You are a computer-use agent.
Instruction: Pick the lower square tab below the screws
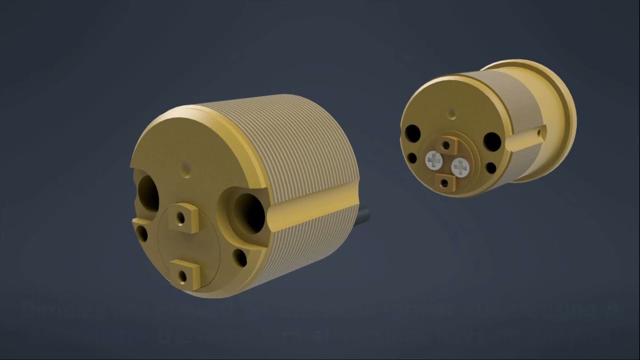coord(444,182)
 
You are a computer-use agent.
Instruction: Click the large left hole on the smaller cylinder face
coord(413,133)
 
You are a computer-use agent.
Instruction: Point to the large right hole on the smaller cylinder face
coord(492,142)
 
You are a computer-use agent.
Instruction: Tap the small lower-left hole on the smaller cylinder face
coord(412,158)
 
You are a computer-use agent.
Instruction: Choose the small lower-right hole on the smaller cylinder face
coord(490,168)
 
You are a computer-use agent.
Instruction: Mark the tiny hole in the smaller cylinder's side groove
coord(539,133)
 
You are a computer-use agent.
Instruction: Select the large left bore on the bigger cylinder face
coord(148,192)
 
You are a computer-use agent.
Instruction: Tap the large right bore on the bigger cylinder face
coord(248,212)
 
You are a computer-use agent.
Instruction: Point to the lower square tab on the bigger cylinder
coord(184,275)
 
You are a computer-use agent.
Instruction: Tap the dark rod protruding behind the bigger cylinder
coord(364,217)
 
